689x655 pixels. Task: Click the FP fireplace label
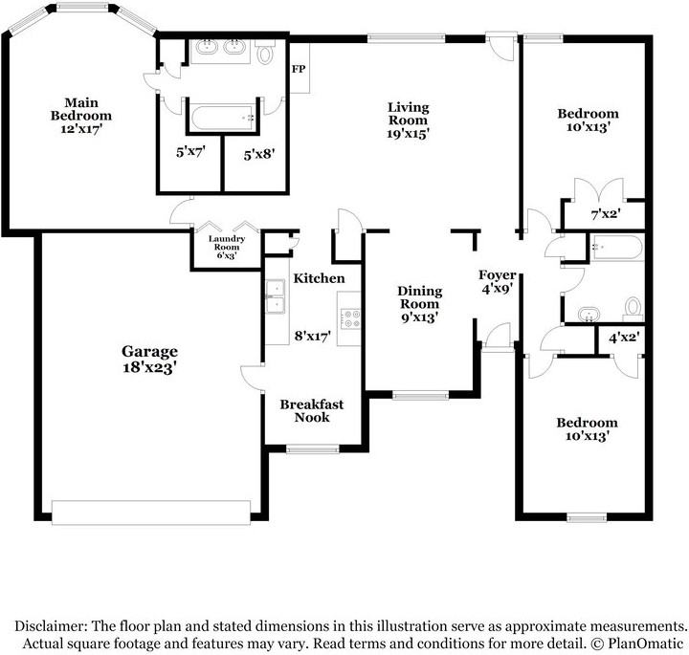click(299, 69)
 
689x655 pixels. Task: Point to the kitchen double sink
click(276, 296)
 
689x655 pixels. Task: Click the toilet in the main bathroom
click(265, 53)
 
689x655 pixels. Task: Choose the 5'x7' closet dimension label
click(189, 150)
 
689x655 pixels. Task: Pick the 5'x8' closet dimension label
click(257, 150)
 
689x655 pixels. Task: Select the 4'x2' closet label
click(624, 337)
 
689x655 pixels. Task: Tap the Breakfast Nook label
click(311, 410)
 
